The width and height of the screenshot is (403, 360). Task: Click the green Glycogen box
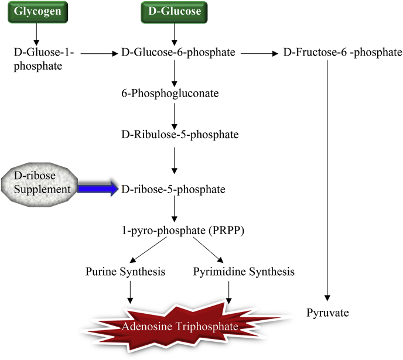pos(37,12)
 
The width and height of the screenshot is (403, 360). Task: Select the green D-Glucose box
pos(174,12)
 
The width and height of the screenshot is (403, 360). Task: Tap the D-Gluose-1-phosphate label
pos(44,59)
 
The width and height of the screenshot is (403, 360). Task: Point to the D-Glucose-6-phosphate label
pos(178,52)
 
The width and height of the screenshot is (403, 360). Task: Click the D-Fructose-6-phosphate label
pos(343,52)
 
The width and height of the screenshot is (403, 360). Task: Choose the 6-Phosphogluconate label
pos(170,93)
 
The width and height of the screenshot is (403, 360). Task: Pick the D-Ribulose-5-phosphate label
pos(180,135)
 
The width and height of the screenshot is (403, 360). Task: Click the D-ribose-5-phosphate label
pos(173,190)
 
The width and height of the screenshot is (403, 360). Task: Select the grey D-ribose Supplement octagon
pos(39,184)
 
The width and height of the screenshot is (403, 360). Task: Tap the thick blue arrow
pos(98,189)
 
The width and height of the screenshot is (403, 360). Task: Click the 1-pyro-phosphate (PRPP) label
pos(183,231)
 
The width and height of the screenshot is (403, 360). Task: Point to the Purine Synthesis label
pos(125,272)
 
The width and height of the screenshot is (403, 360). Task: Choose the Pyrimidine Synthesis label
pos(244,272)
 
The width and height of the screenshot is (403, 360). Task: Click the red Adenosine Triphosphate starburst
pos(180,327)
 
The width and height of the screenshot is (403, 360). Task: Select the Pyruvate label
pos(327,313)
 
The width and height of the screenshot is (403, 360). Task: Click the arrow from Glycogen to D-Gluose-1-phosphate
pos(36,35)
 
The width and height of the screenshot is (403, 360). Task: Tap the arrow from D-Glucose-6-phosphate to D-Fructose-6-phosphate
pos(259,53)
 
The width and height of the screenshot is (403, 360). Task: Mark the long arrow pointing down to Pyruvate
pos(327,180)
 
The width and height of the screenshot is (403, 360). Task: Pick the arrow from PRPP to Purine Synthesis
pos(148,250)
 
